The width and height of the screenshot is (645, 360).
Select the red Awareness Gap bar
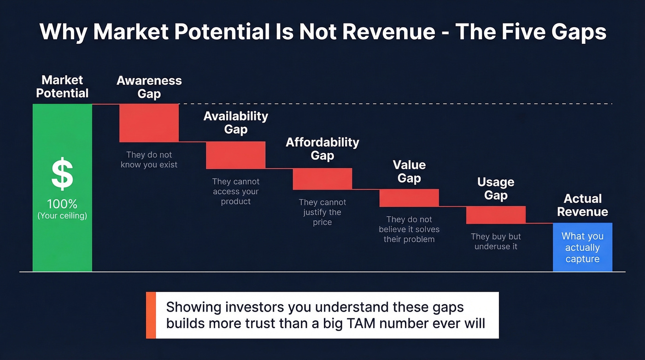pyautogui.click(x=149, y=123)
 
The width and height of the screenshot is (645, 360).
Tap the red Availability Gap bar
pyautogui.click(x=235, y=155)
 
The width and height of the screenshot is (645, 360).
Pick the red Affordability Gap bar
pyautogui.click(x=322, y=179)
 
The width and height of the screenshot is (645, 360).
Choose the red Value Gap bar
pyautogui.click(x=409, y=198)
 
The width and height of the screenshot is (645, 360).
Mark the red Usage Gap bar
pyautogui.click(x=496, y=215)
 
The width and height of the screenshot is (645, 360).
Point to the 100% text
pyautogui.click(x=62, y=204)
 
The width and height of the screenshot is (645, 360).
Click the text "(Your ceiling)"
pyautogui.click(x=62, y=215)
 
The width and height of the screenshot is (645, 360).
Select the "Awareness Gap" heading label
pyautogui.click(x=149, y=87)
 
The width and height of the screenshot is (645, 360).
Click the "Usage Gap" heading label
pyautogui.click(x=496, y=189)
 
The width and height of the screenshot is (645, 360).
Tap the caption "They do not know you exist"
pyautogui.click(x=149, y=160)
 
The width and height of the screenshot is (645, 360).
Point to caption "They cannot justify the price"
pyautogui.click(x=322, y=212)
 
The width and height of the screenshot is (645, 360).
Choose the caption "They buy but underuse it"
pyautogui.click(x=496, y=242)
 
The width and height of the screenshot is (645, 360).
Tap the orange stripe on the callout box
pyautogui.click(x=151, y=315)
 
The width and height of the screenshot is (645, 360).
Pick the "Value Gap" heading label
pyautogui.click(x=409, y=171)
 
